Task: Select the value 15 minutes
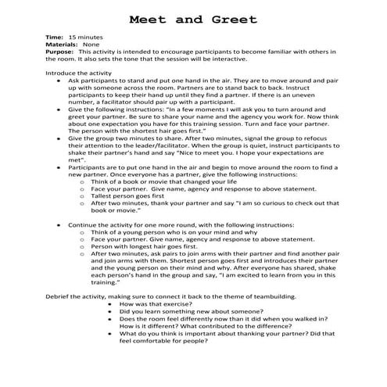85,38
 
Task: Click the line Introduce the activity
81,72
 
